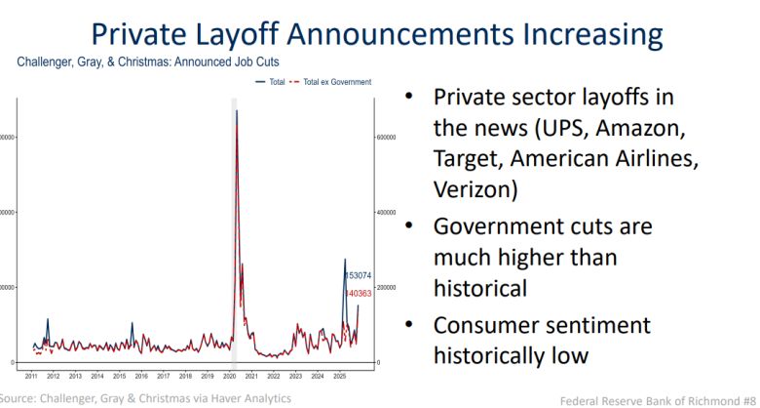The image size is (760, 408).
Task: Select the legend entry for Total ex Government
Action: (337, 82)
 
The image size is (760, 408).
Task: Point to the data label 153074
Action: (360, 276)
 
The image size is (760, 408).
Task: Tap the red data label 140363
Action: (360, 293)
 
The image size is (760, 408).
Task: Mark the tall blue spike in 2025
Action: (344, 261)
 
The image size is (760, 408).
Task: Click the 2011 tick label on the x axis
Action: (31, 376)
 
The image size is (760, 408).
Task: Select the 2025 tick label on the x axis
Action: (339, 376)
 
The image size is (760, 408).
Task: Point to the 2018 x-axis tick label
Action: (185, 376)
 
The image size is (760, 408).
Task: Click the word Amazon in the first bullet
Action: (637, 128)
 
